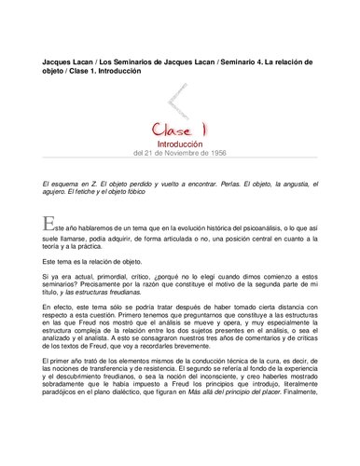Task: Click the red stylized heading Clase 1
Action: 180,128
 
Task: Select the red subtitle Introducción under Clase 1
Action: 180,144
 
